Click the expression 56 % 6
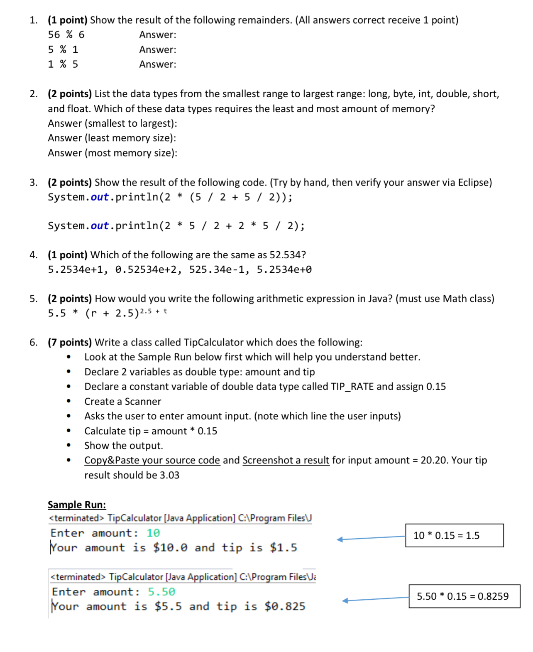(66, 35)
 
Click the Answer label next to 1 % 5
(157, 64)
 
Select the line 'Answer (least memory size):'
(112, 138)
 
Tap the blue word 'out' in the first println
(100, 197)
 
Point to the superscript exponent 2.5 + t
(153, 311)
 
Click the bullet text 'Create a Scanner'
(122, 402)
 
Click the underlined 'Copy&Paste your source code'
(152, 460)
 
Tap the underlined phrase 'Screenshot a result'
(286, 460)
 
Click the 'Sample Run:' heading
(77, 505)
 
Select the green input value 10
(153, 533)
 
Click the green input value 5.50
(161, 591)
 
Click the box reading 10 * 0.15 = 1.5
(454, 535)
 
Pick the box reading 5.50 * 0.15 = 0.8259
(464, 596)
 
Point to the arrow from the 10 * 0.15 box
(371, 538)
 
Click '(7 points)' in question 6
(69, 342)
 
